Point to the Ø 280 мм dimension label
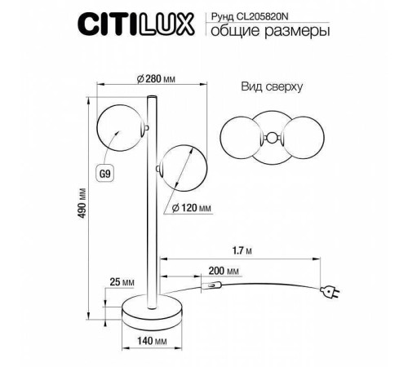(154, 79)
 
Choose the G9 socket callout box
(104, 174)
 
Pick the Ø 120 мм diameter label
(193, 209)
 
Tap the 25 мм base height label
(122, 283)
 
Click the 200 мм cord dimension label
(222, 270)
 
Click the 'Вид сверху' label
(273, 86)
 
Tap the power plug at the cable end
(330, 291)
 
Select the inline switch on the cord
(213, 285)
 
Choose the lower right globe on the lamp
(182, 170)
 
